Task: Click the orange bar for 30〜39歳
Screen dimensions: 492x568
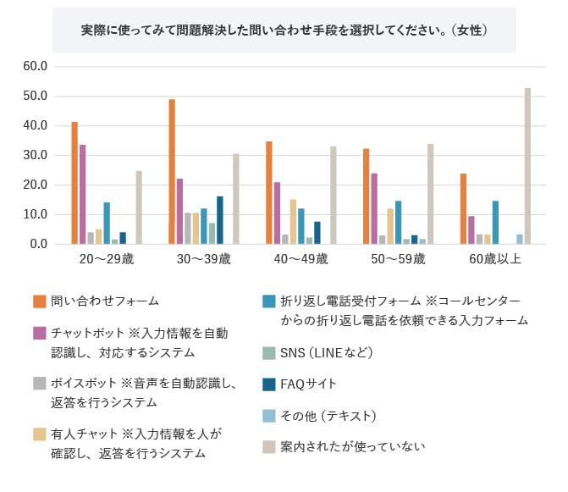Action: [172, 172]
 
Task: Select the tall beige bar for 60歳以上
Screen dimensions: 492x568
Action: [527, 166]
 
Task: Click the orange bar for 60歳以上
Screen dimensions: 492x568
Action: [463, 209]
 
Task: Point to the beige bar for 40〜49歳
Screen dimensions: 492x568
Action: [334, 196]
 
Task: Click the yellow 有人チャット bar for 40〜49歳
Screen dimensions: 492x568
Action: [293, 222]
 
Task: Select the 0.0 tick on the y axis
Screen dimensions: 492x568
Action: [41, 244]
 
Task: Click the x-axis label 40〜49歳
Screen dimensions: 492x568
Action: [300, 259]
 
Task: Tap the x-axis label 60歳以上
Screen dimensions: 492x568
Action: [495, 259]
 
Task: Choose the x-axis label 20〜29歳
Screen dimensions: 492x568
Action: [107, 259]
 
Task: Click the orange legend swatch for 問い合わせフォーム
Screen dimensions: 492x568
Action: [39, 301]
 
